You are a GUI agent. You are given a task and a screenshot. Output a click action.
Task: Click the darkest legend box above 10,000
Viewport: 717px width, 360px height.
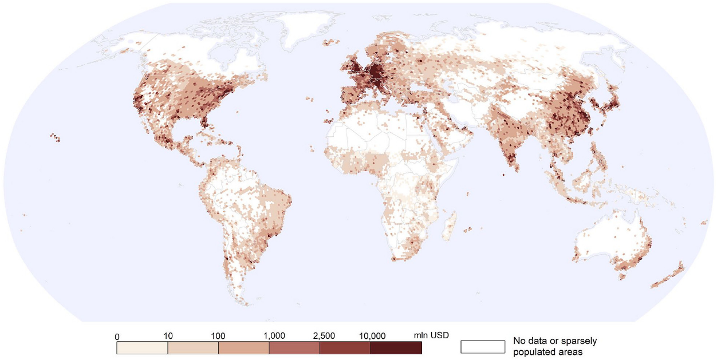coord(396,347)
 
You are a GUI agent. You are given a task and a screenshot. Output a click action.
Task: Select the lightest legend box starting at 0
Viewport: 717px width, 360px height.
coord(142,347)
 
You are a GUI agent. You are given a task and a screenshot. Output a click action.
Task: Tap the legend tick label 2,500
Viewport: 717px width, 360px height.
coord(324,335)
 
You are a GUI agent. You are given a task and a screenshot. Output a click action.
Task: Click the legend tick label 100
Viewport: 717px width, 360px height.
coord(218,335)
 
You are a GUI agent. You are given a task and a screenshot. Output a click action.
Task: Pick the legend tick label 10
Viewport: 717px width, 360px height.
coord(167,335)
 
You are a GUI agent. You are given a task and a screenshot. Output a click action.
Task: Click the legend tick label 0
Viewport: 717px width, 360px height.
coord(117,335)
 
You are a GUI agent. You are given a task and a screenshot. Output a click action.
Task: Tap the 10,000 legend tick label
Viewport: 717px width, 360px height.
coord(373,335)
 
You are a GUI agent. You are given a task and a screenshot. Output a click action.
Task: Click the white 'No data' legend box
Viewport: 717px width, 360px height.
coord(483,347)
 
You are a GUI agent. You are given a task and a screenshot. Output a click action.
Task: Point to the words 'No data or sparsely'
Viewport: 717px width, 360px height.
coord(554,341)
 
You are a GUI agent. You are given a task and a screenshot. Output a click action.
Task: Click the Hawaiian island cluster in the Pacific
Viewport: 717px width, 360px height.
coord(55,137)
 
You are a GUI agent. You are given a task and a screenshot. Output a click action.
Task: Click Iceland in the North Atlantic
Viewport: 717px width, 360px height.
coord(329,42)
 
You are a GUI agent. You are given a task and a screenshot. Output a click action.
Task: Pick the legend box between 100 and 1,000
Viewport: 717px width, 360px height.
coord(243,347)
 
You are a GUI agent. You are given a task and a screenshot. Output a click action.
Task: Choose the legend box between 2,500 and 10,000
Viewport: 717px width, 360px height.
coord(345,347)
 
